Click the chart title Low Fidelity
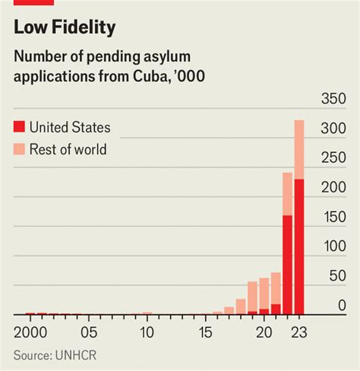64,28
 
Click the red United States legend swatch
19,128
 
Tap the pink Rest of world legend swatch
19,149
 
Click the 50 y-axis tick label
337,276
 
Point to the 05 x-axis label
89,332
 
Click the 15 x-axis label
205,332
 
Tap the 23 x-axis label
298,332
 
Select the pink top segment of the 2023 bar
298,149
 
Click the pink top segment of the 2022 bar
287,194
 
